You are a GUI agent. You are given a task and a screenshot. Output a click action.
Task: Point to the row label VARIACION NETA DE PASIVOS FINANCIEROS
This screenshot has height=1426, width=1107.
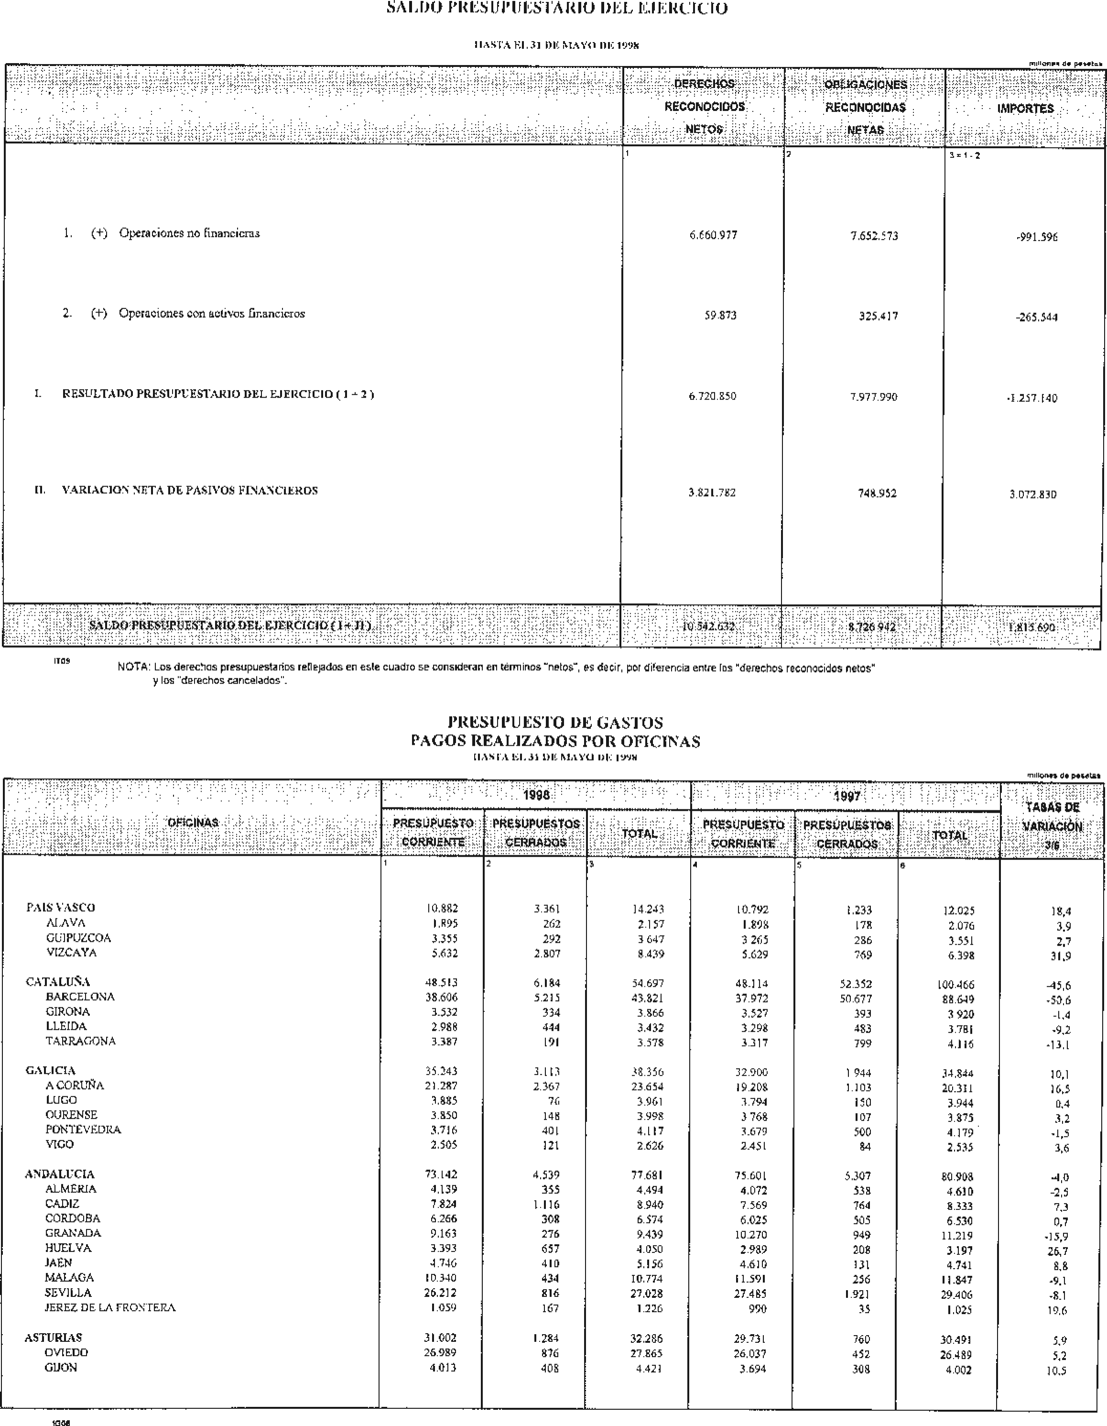pyautogui.click(x=189, y=490)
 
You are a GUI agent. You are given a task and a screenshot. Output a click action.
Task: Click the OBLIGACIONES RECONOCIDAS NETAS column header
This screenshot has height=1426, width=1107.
pyautogui.click(x=866, y=107)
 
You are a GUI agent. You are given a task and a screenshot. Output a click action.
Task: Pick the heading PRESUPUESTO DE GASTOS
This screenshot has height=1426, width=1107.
pyautogui.click(x=555, y=722)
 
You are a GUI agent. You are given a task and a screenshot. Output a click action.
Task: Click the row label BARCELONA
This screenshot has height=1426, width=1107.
pyautogui.click(x=80, y=996)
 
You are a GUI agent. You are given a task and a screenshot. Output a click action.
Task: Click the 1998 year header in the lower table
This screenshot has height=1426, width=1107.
pyautogui.click(x=536, y=795)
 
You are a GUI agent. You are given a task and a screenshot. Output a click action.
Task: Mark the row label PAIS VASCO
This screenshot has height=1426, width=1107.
pyautogui.click(x=60, y=907)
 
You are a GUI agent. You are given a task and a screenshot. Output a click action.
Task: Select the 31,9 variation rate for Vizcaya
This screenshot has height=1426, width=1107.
pyautogui.click(x=1058, y=956)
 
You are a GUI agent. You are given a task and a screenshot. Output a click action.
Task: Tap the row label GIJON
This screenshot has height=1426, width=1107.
pyautogui.click(x=61, y=1367)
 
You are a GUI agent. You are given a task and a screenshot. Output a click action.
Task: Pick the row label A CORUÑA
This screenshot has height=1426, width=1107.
pyautogui.click(x=75, y=1085)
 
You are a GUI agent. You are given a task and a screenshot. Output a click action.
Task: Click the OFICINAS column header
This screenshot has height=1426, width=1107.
pyautogui.click(x=193, y=823)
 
